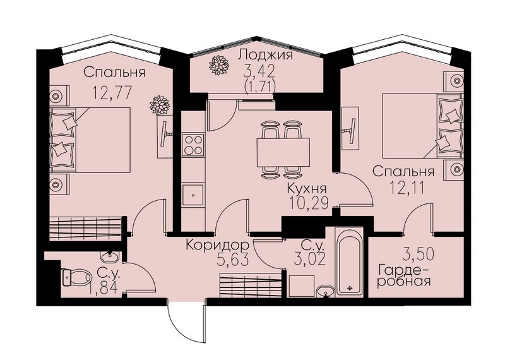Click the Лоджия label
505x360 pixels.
pos(265,55)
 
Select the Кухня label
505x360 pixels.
pos(307,189)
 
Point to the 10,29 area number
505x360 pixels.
pos(308,203)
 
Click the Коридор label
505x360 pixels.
pos(218,246)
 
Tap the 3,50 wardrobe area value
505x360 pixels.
pos(419,254)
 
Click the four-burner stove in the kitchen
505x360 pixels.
pos(193,145)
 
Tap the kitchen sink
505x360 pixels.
pos(193,195)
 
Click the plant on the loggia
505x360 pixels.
pos(218,66)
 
